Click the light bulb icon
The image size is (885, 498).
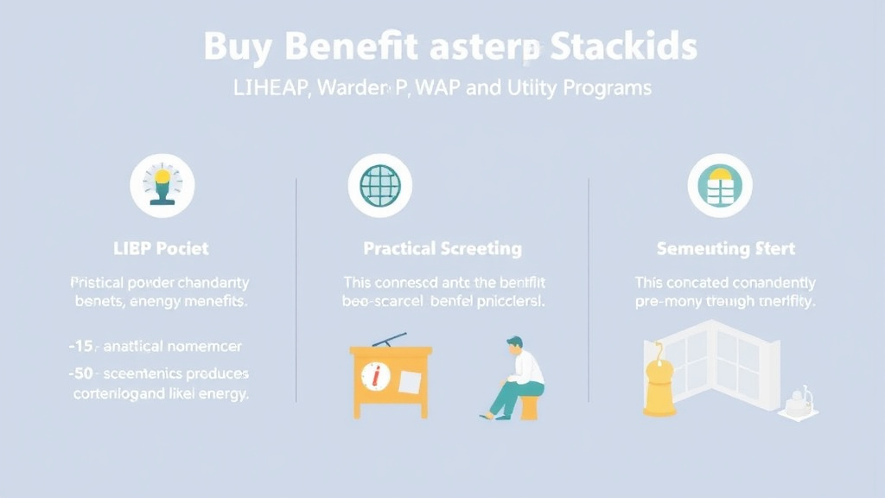(x=162, y=185)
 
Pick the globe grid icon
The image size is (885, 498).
(x=380, y=185)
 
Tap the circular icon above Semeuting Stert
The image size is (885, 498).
(x=719, y=185)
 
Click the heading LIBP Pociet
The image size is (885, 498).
(x=162, y=248)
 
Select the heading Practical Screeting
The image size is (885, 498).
(x=442, y=249)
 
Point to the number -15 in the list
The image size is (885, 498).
(x=83, y=346)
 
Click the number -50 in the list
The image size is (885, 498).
(x=83, y=373)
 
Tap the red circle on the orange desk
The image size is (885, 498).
(x=375, y=376)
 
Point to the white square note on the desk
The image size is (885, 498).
(x=410, y=380)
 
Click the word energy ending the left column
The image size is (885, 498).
(x=222, y=393)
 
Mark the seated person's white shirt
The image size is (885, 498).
(x=527, y=368)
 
